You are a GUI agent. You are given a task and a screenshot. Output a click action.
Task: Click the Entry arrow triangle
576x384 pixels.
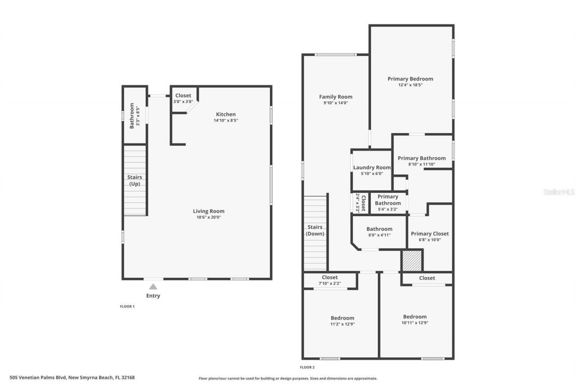[153, 286]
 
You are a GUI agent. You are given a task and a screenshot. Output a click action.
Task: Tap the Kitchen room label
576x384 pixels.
[225, 114]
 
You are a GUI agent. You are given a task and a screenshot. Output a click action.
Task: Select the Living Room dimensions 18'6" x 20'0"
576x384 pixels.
[208, 217]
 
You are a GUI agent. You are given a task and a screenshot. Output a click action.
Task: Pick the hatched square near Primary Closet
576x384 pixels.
[411, 261]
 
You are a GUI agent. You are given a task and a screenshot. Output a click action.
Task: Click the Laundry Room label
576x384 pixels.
[372, 167]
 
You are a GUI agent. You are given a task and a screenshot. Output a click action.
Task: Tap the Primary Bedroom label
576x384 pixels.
[410, 79]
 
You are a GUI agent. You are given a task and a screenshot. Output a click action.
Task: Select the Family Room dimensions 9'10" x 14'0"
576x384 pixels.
[336, 103]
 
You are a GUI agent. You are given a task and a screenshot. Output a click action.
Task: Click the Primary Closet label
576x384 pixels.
[430, 234]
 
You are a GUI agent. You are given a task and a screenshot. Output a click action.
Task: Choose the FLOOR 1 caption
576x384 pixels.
[127, 307]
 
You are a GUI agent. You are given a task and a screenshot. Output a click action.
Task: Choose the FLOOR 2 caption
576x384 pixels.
[307, 367]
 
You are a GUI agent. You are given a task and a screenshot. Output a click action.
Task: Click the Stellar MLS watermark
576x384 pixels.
[559, 192]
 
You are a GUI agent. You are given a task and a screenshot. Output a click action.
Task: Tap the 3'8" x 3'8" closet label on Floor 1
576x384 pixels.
[183, 95]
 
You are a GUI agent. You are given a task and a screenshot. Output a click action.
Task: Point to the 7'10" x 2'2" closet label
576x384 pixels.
[329, 277]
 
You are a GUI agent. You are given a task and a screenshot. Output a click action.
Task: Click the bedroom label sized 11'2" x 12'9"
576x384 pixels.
[342, 318]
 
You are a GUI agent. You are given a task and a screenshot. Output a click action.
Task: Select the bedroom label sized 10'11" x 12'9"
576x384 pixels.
[414, 316]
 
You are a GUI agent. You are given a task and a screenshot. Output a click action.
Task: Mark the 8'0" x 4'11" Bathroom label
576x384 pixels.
[379, 229]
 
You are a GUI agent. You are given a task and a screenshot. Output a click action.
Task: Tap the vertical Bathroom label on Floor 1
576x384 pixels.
[132, 116]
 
